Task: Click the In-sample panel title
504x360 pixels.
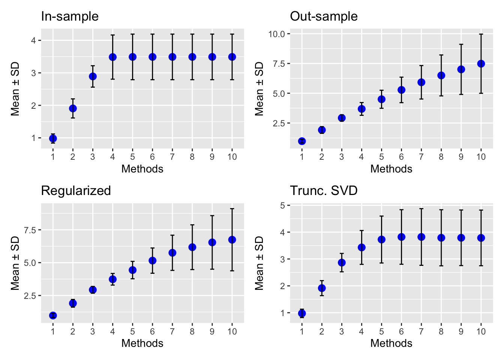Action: coord(70,16)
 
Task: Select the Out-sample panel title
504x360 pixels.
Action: coord(324,16)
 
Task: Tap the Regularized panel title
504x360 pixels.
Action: coord(76,191)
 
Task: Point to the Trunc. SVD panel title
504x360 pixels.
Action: coord(324,191)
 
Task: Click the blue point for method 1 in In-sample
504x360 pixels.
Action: coord(53,138)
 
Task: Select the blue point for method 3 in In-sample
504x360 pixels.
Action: coord(93,76)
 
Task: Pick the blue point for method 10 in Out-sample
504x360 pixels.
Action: coord(481,64)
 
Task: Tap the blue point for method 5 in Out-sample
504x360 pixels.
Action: coord(381,99)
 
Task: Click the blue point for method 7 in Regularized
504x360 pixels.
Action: coord(172,253)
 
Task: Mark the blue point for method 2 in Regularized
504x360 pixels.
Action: coord(73,303)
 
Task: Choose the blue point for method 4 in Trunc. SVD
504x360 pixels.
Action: coord(361,247)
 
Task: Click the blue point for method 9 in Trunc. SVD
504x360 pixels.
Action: coord(461,238)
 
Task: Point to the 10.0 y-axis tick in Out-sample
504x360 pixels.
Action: coord(277,34)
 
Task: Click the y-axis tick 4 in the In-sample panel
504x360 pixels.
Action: coord(34,40)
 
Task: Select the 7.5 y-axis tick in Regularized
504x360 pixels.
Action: coord(30,230)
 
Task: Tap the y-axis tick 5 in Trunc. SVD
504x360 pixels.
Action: coord(283,205)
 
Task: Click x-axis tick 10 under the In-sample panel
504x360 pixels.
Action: coord(232,157)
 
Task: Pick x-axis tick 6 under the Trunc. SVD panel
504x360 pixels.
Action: coord(401,331)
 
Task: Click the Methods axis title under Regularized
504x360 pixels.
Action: coord(142,343)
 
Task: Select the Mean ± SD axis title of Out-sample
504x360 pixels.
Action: coord(259,89)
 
